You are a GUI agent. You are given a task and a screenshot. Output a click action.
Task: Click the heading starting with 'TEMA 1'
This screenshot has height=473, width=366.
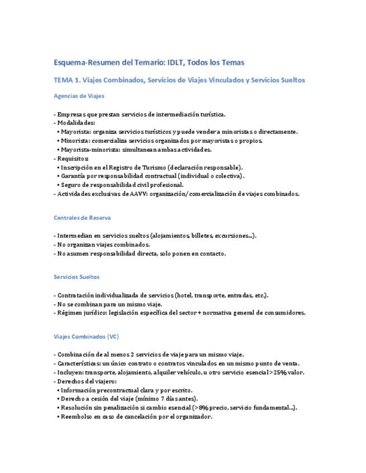tap(179, 80)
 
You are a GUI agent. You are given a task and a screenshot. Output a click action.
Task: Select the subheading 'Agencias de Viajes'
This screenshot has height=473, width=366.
tap(79, 96)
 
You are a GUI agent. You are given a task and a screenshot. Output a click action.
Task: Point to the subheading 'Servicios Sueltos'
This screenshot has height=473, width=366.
tap(77, 277)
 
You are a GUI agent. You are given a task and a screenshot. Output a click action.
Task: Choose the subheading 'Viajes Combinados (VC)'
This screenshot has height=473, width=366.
tap(86, 337)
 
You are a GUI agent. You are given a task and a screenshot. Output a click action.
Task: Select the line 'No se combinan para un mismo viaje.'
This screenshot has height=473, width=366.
tap(109, 304)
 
